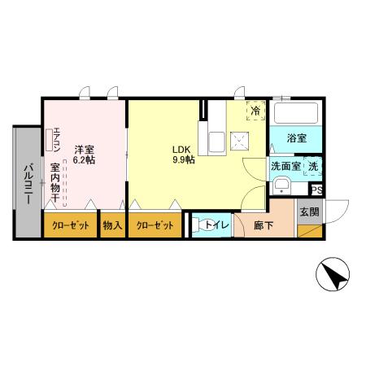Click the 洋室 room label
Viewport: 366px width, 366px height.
click(x=85, y=149)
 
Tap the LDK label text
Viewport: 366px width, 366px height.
click(x=181, y=149)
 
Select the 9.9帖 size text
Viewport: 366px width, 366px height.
click(x=182, y=160)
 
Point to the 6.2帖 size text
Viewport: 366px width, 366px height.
click(x=85, y=160)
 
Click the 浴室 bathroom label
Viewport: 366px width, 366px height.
click(x=296, y=138)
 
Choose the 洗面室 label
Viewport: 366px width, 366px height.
click(x=285, y=167)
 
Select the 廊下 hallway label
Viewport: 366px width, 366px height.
click(x=264, y=224)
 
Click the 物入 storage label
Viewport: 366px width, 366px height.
click(x=112, y=225)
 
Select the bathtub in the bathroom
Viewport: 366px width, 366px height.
click(x=296, y=113)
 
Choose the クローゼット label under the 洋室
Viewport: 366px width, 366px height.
click(x=70, y=225)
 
